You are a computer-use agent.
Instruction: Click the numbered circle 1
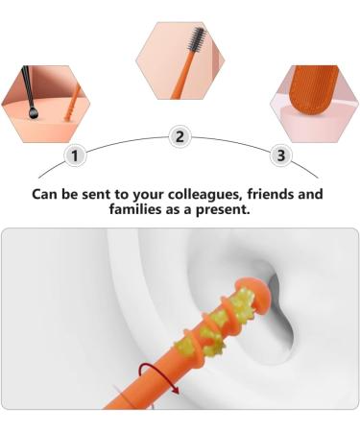[x=77, y=155]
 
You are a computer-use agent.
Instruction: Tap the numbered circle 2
[x=179, y=136]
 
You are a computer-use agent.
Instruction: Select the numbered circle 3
[x=280, y=155]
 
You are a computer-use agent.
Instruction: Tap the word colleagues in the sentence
[x=175, y=194]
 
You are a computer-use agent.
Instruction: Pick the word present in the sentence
[x=223, y=209]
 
